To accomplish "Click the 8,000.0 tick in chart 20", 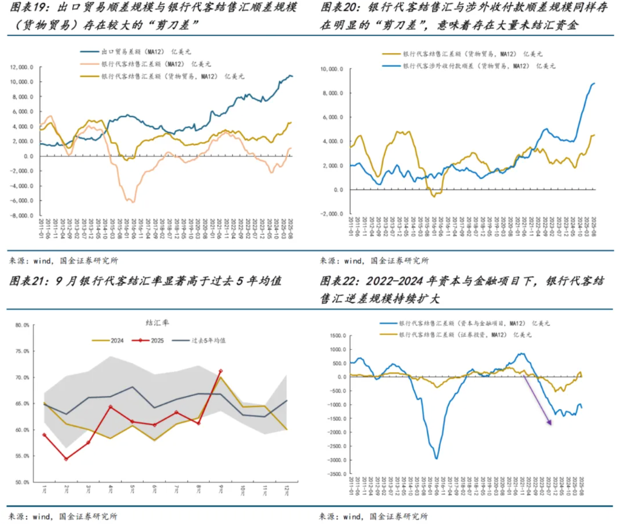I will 333,93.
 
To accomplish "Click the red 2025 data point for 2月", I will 65,459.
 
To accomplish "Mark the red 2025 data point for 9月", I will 221,371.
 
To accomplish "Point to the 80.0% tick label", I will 22,325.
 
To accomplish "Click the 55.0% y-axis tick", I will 22,456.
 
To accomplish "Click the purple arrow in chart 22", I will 538,400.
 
